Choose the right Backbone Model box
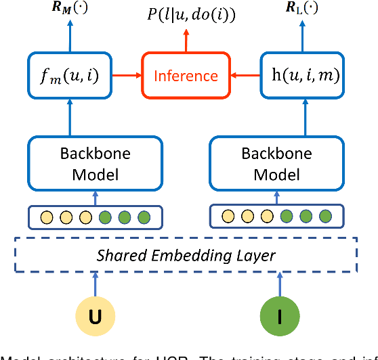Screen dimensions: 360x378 [x=277, y=164]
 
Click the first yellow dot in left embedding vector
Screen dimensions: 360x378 [x=46, y=217]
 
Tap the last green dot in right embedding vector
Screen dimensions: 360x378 [x=325, y=217]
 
